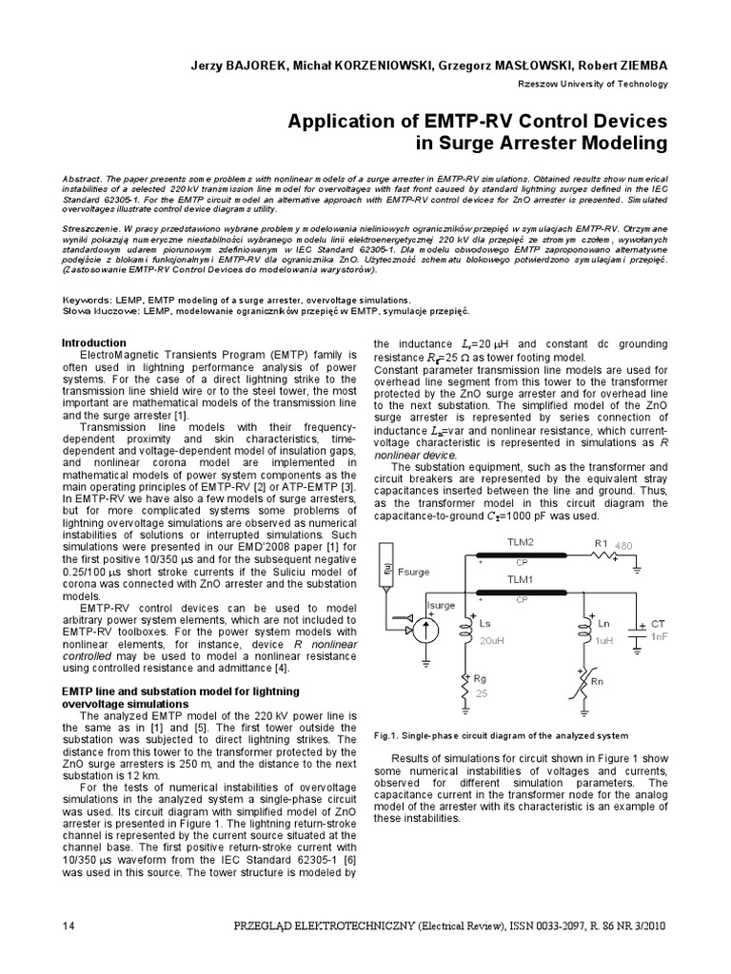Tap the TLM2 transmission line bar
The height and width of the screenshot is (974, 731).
click(x=524, y=555)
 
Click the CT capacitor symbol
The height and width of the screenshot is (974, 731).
click(x=644, y=632)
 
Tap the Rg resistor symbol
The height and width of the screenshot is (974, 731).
click(x=465, y=683)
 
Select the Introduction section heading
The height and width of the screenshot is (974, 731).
click(x=93, y=342)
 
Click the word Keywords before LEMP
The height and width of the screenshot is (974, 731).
click(x=88, y=299)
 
